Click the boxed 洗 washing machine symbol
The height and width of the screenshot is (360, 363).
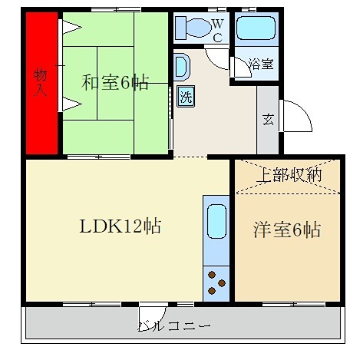pos(186,97)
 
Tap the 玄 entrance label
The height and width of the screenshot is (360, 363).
pos(269,120)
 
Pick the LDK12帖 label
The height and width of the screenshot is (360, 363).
pos(120,227)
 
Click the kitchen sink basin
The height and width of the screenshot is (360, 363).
pos(216,222)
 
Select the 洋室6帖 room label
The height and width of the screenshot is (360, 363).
pos(287,230)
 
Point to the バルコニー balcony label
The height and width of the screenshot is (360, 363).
pos(174,325)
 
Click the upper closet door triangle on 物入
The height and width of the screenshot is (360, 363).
pos(71,29)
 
